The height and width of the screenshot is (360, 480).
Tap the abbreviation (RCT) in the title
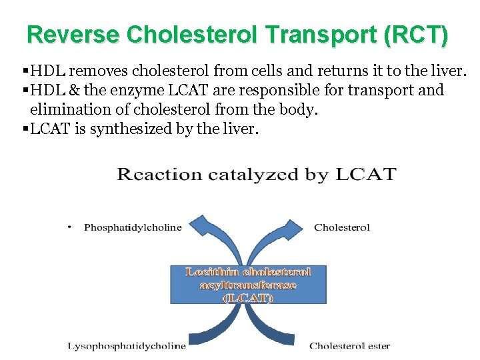417,35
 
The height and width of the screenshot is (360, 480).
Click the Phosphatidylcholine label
133,227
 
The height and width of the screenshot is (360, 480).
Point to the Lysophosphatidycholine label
127,345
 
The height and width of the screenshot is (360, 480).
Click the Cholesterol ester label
349,345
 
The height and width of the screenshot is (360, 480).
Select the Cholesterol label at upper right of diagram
342,227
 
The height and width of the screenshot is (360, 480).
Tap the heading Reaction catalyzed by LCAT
257,175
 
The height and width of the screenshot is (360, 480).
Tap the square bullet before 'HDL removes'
25,71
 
